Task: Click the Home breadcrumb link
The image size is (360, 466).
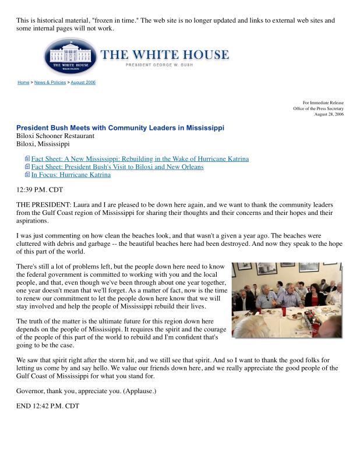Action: pyautogui.click(x=23, y=83)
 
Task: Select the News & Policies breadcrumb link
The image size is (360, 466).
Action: pyautogui.click(x=50, y=83)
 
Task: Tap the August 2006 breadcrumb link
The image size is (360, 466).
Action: pyautogui.click(x=83, y=83)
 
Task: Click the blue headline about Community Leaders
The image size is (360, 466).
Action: pyautogui.click(x=120, y=128)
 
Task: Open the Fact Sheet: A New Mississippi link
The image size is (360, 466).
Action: pyautogui.click(x=140, y=158)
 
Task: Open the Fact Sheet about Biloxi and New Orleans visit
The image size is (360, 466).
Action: pyautogui.click(x=117, y=167)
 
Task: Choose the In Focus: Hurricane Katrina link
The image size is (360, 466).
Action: pyautogui.click(x=70, y=175)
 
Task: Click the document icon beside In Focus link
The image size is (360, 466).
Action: pyautogui.click(x=27, y=175)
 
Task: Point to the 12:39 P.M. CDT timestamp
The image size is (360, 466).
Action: pyautogui.click(x=39, y=190)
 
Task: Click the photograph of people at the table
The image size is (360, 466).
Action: pyautogui.click(x=287, y=299)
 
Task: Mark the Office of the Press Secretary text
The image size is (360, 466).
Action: pyautogui.click(x=318, y=108)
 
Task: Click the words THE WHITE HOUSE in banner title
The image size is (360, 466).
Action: pyautogui.click(x=165, y=55)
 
